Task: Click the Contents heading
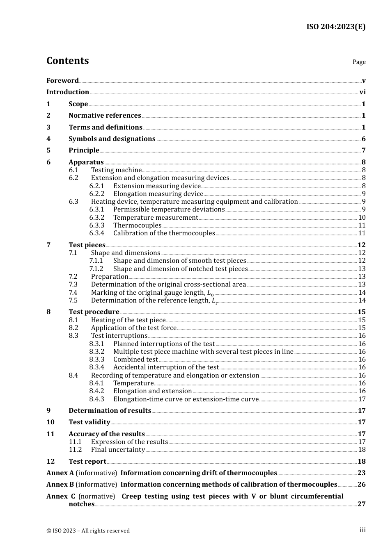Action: coord(67,61)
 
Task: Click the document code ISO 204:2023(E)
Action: coord(336,27)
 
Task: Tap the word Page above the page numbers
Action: coord(359,62)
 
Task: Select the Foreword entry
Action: coord(62,80)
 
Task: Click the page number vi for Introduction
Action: coord(362,92)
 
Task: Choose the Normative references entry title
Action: coord(105,116)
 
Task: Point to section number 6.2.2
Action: coord(97,194)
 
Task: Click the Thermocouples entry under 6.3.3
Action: coord(137,225)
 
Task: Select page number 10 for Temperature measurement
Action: coord(362,218)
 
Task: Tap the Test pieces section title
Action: coord(87,245)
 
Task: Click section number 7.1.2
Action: coord(96,269)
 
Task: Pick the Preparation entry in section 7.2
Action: coord(110,277)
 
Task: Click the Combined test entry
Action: coord(135,360)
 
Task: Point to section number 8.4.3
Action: coord(97,399)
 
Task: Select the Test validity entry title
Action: coord(89,422)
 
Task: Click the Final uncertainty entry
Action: coord(118,450)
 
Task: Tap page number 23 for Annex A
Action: coord(361,473)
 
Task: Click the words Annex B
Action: coord(60,485)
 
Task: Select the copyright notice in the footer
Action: coord(88,531)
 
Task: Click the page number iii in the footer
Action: coord(362,530)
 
